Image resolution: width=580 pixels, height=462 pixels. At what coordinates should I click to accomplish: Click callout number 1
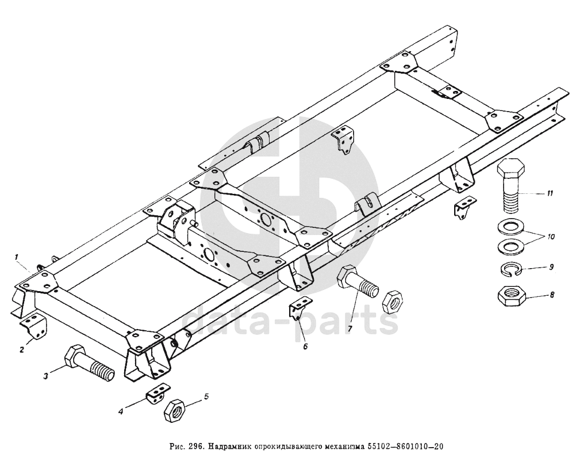[18, 258]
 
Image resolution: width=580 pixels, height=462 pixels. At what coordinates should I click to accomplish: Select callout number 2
[21, 350]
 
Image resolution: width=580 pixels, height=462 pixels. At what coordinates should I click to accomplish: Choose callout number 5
[206, 396]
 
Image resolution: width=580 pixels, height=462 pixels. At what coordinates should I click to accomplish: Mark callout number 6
[305, 346]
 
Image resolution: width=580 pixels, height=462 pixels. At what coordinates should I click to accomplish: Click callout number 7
[348, 328]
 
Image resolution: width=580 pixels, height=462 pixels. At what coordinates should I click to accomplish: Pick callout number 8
[552, 295]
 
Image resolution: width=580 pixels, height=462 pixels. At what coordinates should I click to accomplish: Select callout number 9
[551, 267]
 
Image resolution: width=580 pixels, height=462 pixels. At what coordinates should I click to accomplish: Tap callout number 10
[550, 236]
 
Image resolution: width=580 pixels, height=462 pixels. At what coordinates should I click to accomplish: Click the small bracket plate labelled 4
[157, 395]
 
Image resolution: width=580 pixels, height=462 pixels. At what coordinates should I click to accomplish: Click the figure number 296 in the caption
[197, 448]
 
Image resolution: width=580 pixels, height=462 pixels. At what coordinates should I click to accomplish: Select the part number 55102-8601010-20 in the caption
[406, 448]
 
